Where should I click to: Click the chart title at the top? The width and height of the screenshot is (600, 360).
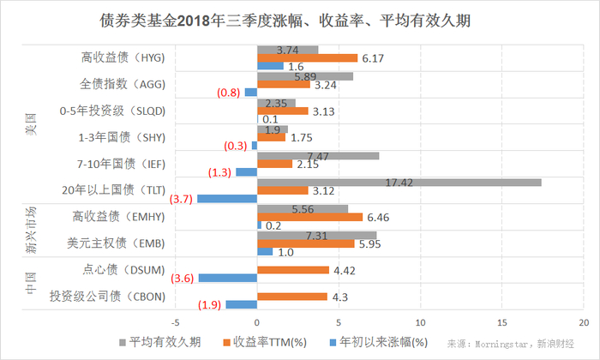point(299,19)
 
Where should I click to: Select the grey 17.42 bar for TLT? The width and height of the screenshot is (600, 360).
point(399,182)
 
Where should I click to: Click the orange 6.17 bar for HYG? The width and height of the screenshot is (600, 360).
point(307,57)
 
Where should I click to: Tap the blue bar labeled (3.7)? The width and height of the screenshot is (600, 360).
point(227,198)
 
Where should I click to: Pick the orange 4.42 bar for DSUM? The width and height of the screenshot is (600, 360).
point(293,270)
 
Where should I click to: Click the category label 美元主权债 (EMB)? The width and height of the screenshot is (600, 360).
point(123,243)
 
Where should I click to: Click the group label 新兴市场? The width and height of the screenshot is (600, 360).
point(32,230)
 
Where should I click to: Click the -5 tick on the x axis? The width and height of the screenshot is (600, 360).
point(176,323)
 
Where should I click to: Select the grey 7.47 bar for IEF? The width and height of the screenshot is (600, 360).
point(318,155)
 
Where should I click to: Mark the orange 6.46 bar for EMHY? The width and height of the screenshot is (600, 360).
point(309,217)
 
